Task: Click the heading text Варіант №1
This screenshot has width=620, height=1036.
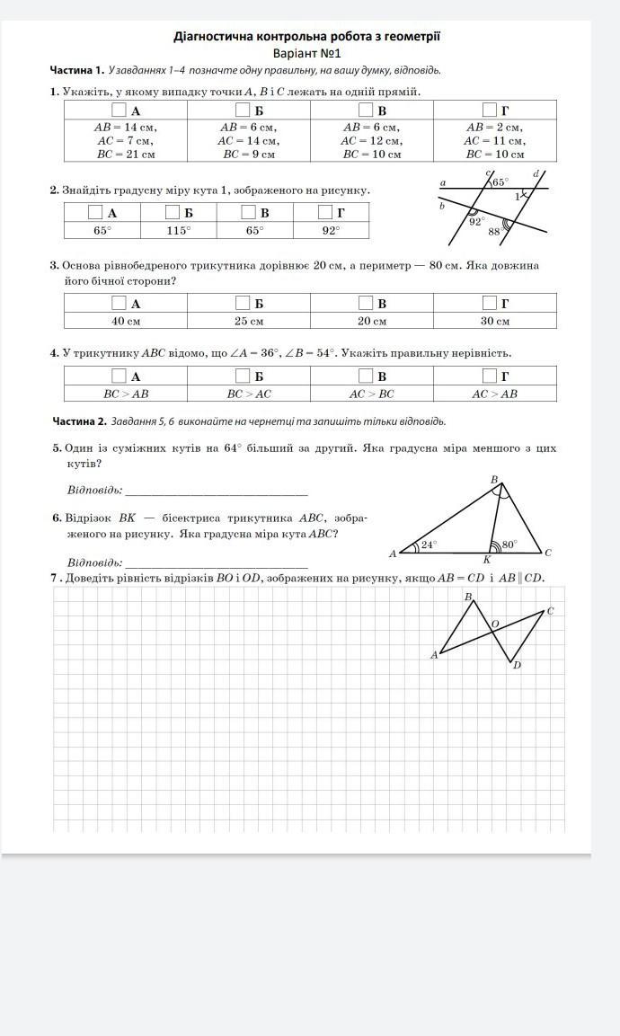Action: pos(306,53)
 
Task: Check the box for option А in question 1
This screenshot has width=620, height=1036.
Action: pos(119,111)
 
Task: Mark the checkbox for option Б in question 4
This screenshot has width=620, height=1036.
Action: pos(242,376)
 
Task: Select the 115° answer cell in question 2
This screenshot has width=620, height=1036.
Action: pos(178,231)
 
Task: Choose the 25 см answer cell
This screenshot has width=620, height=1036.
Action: pos(249,321)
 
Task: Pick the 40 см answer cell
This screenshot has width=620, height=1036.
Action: pos(126,321)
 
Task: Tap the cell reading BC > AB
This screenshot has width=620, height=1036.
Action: pos(126,394)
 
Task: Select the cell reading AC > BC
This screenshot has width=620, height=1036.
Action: pos(371,394)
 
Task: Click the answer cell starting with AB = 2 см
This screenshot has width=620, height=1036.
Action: pos(494,140)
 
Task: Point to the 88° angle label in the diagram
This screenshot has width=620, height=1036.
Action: pos(494,232)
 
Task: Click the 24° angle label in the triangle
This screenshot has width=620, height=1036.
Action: pos(429,544)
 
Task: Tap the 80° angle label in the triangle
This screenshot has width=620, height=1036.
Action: pos(509,544)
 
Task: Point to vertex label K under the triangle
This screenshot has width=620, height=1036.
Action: pos(487,560)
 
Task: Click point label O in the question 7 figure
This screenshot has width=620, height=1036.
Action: pos(495,623)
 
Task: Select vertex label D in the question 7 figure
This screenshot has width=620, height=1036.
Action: pos(517,666)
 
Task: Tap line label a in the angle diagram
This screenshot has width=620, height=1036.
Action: pos(443,182)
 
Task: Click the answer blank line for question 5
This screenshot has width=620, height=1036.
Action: pos(217,493)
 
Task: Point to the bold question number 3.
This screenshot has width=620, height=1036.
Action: pos(54,266)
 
